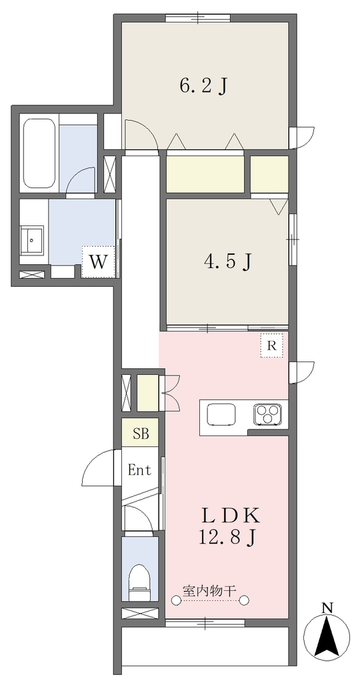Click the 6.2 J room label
203,86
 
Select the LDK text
230,517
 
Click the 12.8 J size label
227,538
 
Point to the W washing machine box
99,261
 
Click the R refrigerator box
271,346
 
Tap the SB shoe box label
140,434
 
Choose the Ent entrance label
139,470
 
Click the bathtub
39,154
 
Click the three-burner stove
268,414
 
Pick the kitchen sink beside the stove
221,414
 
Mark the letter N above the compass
327,607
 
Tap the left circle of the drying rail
176,601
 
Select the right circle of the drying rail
245,601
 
